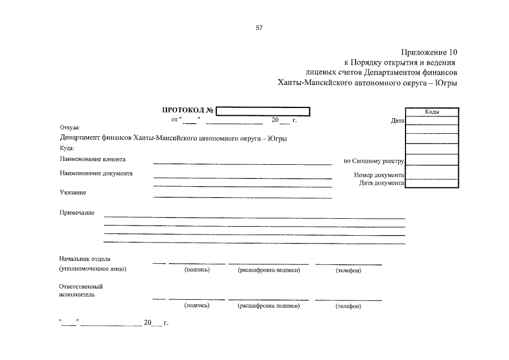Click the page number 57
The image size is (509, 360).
pos(259,28)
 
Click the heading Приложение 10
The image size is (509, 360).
pos(430,52)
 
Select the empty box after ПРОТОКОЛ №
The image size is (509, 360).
pos(263,111)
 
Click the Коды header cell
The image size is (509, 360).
pos(432,112)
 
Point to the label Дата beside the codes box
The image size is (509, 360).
pos(397,120)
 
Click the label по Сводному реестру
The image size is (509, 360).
pos(374,161)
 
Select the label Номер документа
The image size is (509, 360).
pos(379,175)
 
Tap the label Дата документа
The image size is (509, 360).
pos(381,183)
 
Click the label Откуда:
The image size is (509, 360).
pos(70,128)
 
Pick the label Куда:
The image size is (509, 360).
pos(67,148)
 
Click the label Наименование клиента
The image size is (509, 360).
pos(92,160)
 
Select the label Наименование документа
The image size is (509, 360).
pos(96,174)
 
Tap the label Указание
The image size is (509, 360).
pos(73,193)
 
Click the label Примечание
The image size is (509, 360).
pos(76,213)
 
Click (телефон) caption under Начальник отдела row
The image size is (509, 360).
pos(348,271)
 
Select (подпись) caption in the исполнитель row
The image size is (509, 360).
pos(197,306)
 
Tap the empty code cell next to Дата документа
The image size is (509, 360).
pos(432,183)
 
